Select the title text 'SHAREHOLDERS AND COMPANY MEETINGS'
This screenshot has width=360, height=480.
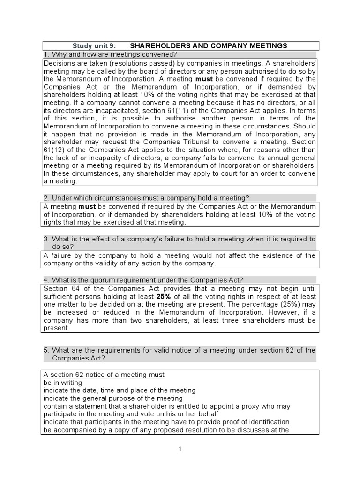(208, 45)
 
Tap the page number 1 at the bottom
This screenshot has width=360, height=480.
(180, 449)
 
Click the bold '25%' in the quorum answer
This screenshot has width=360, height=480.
(163, 297)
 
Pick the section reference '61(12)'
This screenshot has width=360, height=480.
(53, 150)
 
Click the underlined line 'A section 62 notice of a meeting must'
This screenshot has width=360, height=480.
(104, 375)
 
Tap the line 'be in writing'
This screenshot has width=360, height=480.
(62, 382)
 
